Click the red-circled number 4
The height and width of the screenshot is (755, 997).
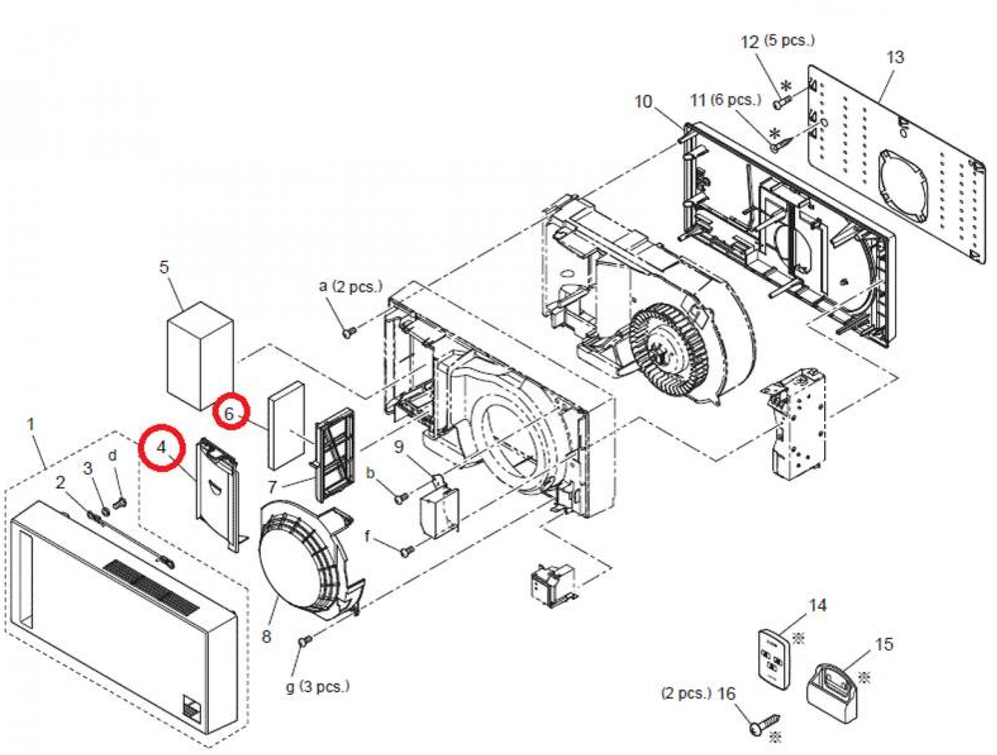point(162,447)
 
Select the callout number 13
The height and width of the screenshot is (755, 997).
point(895,57)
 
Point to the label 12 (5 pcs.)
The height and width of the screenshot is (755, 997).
point(777,41)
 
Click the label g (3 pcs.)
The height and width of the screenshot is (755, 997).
point(317,686)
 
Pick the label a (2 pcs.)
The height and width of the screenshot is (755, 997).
point(351,286)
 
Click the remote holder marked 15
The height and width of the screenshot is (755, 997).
point(832,693)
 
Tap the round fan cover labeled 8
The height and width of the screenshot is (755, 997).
point(296,561)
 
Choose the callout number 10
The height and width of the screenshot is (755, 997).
point(643,101)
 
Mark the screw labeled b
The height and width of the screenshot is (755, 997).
point(400,498)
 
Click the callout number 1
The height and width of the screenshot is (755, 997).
point(31,424)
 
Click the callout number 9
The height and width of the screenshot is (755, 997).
point(398,447)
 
